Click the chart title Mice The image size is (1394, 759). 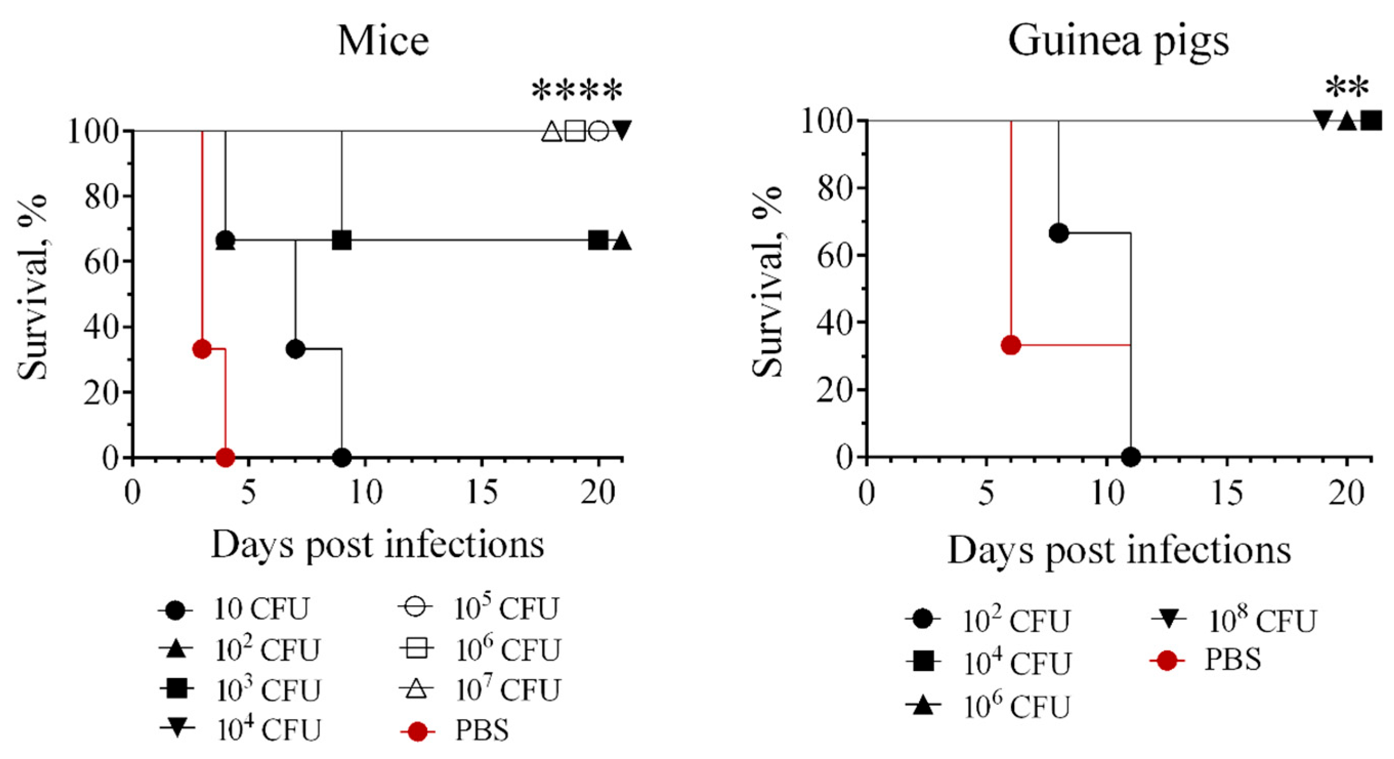click(383, 41)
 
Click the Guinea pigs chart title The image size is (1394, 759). click(1118, 41)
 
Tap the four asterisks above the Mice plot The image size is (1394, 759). click(577, 91)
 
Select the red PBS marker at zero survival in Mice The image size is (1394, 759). click(225, 457)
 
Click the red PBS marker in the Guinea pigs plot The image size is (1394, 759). click(1011, 345)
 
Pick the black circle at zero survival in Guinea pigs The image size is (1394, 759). click(1130, 457)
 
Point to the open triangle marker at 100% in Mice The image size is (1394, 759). click(551, 132)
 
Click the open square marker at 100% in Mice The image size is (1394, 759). click(575, 131)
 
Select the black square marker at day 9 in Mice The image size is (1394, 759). click(341, 240)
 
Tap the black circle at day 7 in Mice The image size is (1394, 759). click(295, 349)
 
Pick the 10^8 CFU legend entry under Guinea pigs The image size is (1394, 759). click(1234, 621)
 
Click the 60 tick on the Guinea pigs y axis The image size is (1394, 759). click(833, 255)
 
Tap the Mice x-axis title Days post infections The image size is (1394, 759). click(377, 544)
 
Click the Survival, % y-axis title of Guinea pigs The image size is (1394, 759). click(768, 282)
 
